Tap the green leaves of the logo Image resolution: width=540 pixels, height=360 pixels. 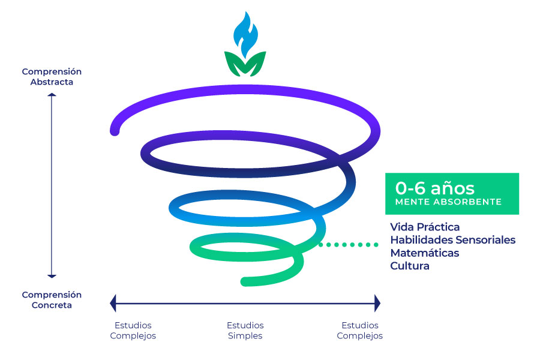(x=244, y=64)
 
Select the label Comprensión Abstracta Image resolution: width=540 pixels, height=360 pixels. (x=52, y=77)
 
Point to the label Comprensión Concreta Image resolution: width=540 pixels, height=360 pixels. (x=52, y=300)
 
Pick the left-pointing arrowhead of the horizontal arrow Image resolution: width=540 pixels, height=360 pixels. (x=113, y=303)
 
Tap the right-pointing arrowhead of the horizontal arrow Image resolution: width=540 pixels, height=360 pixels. (x=377, y=303)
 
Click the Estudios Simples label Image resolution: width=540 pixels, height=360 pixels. (x=245, y=331)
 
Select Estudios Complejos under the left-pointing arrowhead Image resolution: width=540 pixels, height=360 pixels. (x=133, y=331)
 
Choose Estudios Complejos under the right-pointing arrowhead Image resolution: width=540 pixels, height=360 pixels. (x=359, y=331)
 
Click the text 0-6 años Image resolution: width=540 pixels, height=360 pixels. (x=434, y=188)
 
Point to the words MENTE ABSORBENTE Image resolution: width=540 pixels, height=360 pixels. (x=448, y=202)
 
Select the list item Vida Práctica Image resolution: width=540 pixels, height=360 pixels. (x=425, y=227)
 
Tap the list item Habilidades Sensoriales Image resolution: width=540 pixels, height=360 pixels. (x=452, y=240)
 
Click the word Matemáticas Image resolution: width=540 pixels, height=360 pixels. (x=424, y=253)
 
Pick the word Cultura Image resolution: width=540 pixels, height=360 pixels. (x=410, y=266)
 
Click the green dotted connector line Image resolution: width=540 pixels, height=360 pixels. (x=348, y=244)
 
